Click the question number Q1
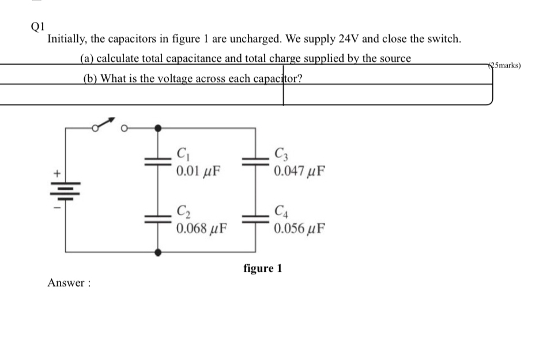point(37,26)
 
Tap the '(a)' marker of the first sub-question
point(86,58)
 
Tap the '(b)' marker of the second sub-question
point(90,78)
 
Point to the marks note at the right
point(505,65)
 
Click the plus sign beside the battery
point(57,172)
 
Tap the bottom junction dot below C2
point(158,252)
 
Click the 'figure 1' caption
point(263,268)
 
